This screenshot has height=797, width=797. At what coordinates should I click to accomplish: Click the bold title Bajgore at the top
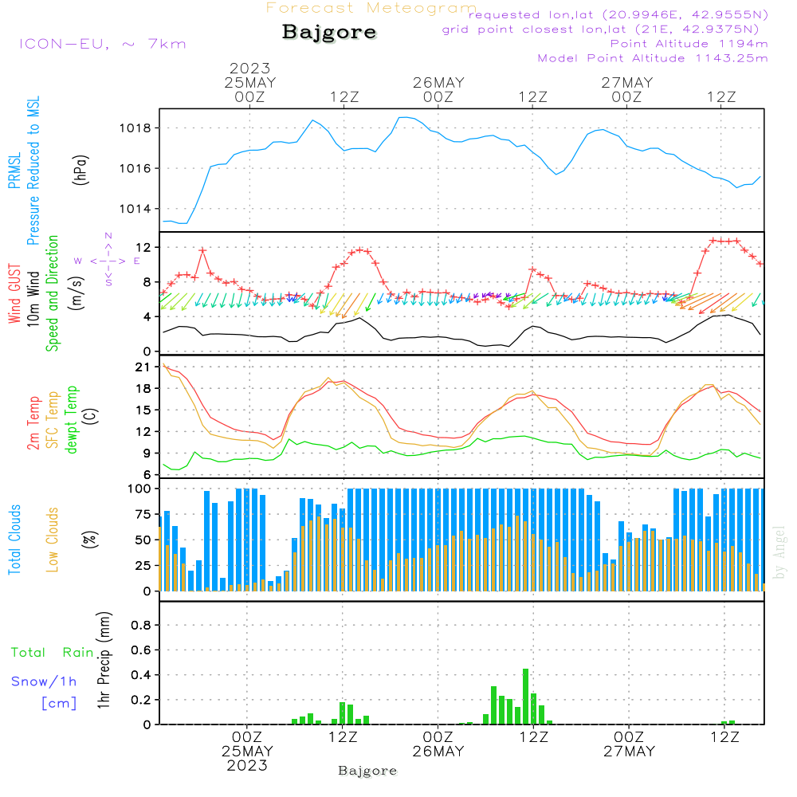tap(329, 33)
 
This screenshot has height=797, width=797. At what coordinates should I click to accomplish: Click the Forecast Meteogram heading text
tap(371, 8)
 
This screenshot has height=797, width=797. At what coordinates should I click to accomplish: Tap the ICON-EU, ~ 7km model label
tap(102, 43)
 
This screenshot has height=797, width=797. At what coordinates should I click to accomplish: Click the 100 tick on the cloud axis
tap(140, 489)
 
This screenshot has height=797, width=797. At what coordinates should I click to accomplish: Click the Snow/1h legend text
tap(45, 681)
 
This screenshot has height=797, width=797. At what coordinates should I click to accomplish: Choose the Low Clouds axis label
tap(53, 539)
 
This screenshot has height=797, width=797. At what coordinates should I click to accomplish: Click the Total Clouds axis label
tap(14, 539)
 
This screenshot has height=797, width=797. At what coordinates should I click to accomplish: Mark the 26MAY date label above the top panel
tap(438, 83)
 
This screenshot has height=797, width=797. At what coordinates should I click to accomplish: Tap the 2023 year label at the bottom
tap(247, 765)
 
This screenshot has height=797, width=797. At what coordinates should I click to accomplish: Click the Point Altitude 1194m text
tap(689, 43)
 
